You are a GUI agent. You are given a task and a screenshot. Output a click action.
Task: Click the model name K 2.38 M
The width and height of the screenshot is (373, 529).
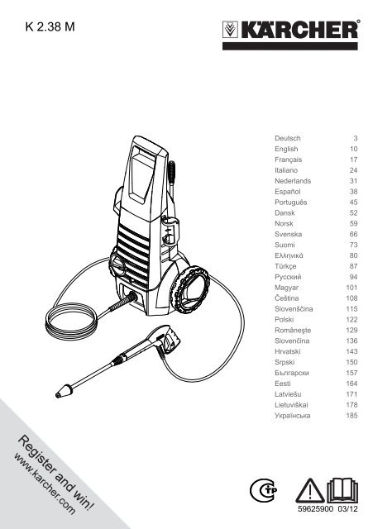[50, 26]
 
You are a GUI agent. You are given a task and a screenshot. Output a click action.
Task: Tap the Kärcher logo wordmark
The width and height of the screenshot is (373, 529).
[299, 30]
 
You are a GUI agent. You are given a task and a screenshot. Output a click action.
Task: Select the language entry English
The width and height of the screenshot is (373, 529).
[286, 149]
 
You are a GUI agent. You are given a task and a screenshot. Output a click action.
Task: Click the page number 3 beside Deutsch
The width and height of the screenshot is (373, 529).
[355, 138]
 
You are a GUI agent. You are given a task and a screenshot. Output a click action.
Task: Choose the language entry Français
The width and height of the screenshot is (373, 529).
[288, 160]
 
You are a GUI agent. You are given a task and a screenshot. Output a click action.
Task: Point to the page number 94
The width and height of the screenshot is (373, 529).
[353, 277]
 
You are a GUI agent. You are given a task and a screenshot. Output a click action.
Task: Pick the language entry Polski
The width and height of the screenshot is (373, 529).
[284, 319]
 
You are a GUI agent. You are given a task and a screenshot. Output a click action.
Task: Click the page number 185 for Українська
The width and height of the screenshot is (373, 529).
[351, 415]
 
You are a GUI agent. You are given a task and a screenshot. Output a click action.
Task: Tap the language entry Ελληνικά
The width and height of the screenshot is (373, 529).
[289, 255]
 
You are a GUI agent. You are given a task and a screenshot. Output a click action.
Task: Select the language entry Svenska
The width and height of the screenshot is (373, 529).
[288, 234]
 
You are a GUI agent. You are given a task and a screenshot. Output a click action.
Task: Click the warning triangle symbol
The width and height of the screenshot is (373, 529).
[310, 491]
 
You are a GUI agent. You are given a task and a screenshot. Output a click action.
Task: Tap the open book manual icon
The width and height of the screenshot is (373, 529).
[342, 490]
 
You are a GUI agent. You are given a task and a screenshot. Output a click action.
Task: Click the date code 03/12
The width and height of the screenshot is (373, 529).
[347, 509]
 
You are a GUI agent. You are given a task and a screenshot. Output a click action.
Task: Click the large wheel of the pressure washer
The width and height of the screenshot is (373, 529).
[190, 288]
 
